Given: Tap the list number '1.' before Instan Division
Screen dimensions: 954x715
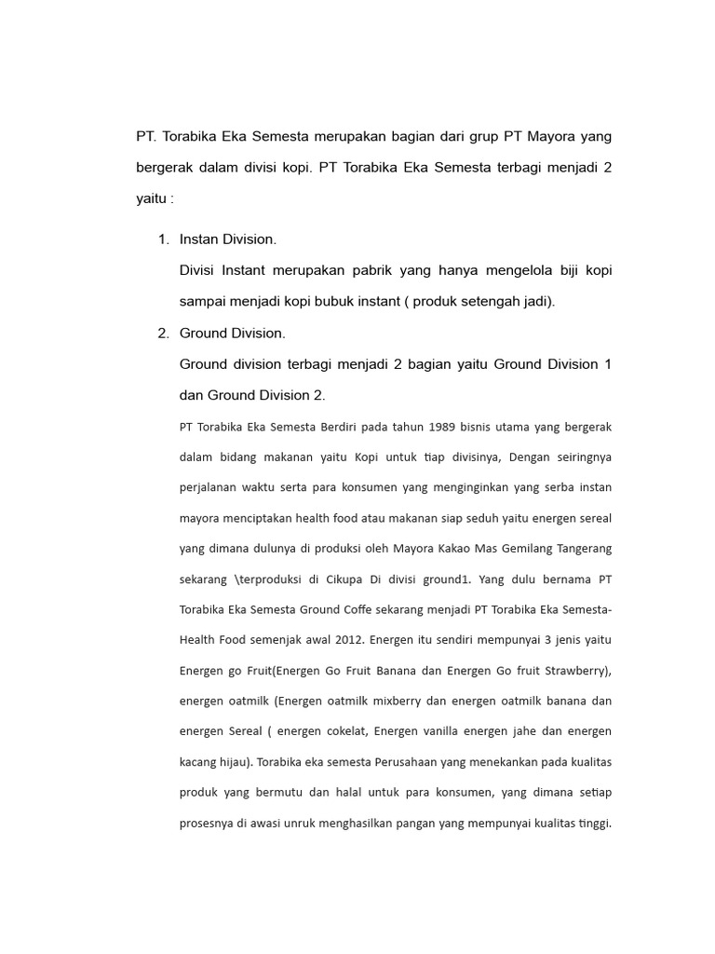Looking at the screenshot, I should click(x=163, y=239).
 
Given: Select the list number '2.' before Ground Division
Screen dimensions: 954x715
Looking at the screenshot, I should click(x=163, y=333).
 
